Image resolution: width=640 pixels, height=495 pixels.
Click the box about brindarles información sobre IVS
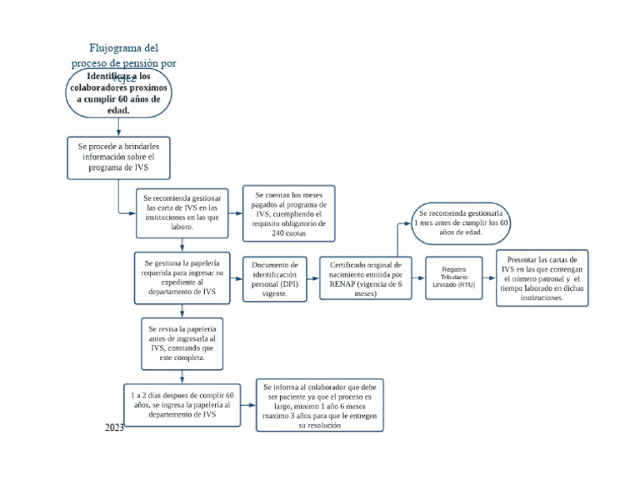118,157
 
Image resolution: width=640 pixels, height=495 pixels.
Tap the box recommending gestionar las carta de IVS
182,212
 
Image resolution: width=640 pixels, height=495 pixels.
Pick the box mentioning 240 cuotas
288,213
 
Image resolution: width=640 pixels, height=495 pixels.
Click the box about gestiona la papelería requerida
182,278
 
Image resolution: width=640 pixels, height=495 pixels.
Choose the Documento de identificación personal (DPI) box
275,278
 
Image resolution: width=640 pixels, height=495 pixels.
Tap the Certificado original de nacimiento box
364,278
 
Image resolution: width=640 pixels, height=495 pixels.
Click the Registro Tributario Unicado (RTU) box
454,278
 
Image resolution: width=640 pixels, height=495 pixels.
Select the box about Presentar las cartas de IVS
542,278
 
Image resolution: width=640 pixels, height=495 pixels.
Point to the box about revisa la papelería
182,342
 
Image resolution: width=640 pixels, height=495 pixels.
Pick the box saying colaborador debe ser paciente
319,406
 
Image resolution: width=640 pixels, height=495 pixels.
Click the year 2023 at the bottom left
114,427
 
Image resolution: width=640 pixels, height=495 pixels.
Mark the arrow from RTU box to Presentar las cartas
490,278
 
